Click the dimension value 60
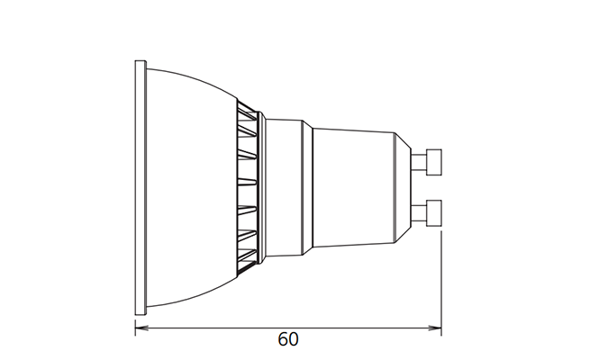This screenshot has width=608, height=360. [288, 339]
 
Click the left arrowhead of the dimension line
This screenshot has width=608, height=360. [141, 328]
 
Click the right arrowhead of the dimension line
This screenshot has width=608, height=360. [435, 328]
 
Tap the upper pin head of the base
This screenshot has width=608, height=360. [434, 162]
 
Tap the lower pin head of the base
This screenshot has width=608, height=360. [434, 213]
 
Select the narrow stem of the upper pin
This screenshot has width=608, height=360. [419, 162]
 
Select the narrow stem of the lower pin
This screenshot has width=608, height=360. [419, 213]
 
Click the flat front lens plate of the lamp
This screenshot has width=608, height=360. [141, 187]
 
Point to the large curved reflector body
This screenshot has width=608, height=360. [190, 187]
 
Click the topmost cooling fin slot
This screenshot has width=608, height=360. [247, 111]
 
